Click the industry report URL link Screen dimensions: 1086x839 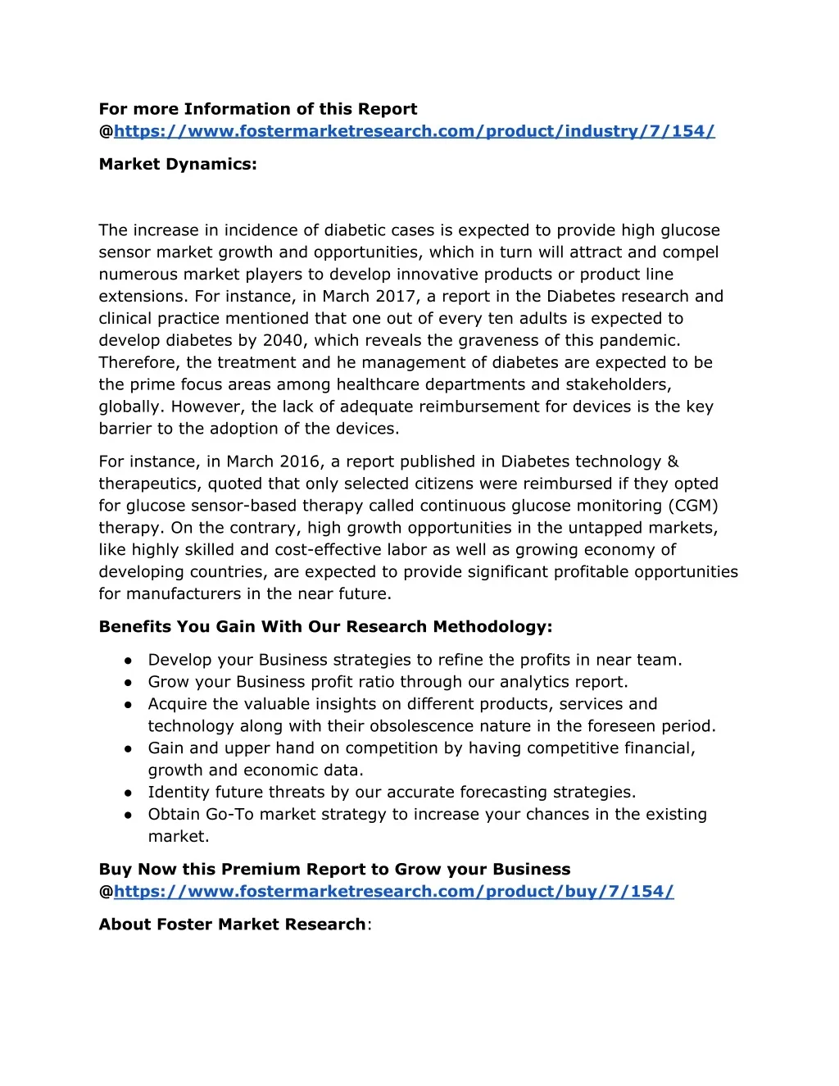[x=414, y=131]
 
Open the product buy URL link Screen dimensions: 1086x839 [x=393, y=892]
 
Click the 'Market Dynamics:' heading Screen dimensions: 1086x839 [x=178, y=164]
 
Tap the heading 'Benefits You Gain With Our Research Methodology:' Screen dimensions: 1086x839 [x=325, y=627]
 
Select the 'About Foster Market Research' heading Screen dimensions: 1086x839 [x=232, y=925]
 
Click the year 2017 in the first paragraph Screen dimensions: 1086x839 [x=395, y=297]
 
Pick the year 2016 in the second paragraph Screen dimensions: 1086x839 [x=299, y=462]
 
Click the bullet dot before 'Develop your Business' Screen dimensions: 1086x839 [x=129, y=661]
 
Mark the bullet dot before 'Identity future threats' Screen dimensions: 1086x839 [x=129, y=793]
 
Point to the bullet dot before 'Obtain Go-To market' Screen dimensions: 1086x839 [x=129, y=815]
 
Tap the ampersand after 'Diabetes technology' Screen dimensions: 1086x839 [x=673, y=462]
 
